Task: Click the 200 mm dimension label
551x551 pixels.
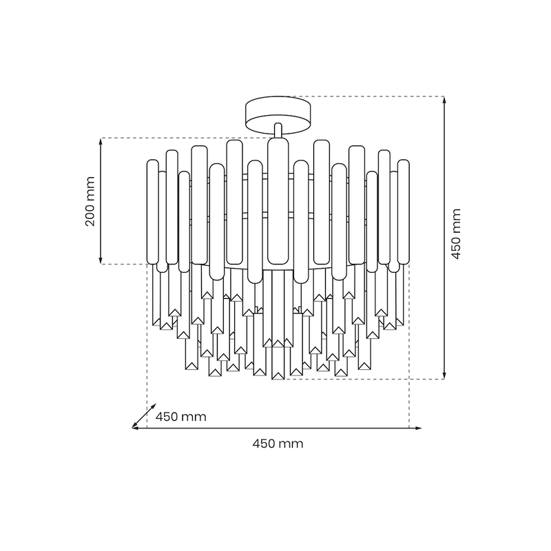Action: pyautogui.click(x=88, y=201)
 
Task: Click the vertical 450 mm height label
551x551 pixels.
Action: pyautogui.click(x=456, y=234)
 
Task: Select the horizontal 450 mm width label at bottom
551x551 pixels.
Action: pyautogui.click(x=278, y=444)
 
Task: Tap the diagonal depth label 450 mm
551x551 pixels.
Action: pyautogui.click(x=180, y=417)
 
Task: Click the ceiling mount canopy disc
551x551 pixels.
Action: pyautogui.click(x=278, y=115)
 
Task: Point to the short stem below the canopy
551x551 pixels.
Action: pyautogui.click(x=278, y=130)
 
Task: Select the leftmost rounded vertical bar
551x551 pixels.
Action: pyautogui.click(x=152, y=210)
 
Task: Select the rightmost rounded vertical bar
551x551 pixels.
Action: pyautogui.click(x=404, y=210)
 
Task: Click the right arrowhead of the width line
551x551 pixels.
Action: pyautogui.click(x=419, y=428)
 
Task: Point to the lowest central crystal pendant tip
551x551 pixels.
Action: pyautogui.click(x=278, y=377)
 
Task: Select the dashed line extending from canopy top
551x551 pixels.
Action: pyautogui.click(x=372, y=96)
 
